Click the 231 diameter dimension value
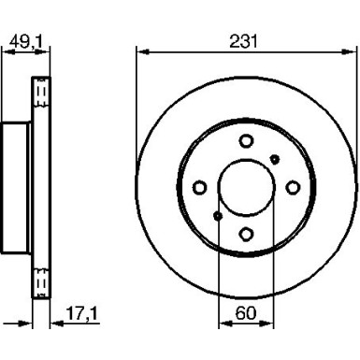[245, 41]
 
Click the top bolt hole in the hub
[245, 141]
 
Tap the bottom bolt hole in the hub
[245, 236]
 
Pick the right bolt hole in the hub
[292, 188]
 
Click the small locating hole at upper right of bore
[273, 159]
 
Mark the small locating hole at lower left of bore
[217, 217]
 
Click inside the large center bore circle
[245, 188]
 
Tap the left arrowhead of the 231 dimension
[141, 51]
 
